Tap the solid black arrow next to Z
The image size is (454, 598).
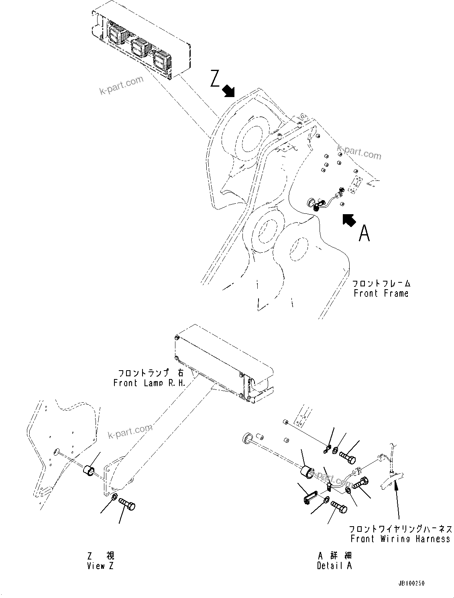pyautogui.click(x=229, y=91)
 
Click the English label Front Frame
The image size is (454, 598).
pyautogui.click(x=381, y=293)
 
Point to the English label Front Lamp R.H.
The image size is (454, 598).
pyautogui.click(x=149, y=383)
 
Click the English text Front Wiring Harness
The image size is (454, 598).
pyautogui.click(x=400, y=539)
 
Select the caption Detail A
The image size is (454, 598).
pyautogui.click(x=334, y=566)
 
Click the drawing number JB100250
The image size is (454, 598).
pyautogui.click(x=411, y=584)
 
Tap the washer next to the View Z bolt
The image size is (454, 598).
pyautogui.click(x=114, y=498)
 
